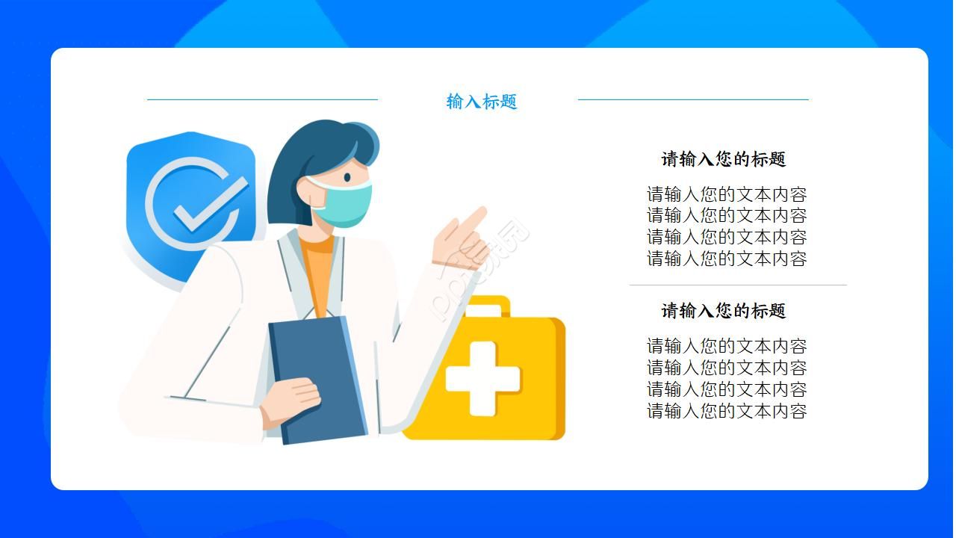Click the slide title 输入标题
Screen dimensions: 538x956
(482, 102)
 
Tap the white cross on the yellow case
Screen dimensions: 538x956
(482, 378)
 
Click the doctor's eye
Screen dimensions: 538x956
(347, 177)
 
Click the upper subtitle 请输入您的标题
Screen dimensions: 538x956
(723, 159)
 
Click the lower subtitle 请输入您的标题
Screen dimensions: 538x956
(723, 311)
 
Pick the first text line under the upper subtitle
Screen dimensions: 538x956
(726, 195)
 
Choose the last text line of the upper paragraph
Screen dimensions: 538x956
(726, 259)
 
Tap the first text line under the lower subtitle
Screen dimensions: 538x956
(726, 346)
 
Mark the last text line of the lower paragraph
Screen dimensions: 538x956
(726, 411)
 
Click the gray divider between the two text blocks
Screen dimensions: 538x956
(738, 285)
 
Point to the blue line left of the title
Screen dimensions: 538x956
(262, 99)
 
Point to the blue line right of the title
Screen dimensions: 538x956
(693, 99)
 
